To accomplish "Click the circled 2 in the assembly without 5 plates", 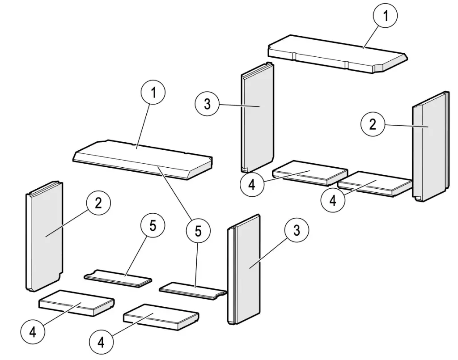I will [x=373, y=124].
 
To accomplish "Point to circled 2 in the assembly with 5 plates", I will [x=98, y=203].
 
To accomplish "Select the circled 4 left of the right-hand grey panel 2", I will [x=332, y=200].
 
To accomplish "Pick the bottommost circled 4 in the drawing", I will [x=101, y=343].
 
